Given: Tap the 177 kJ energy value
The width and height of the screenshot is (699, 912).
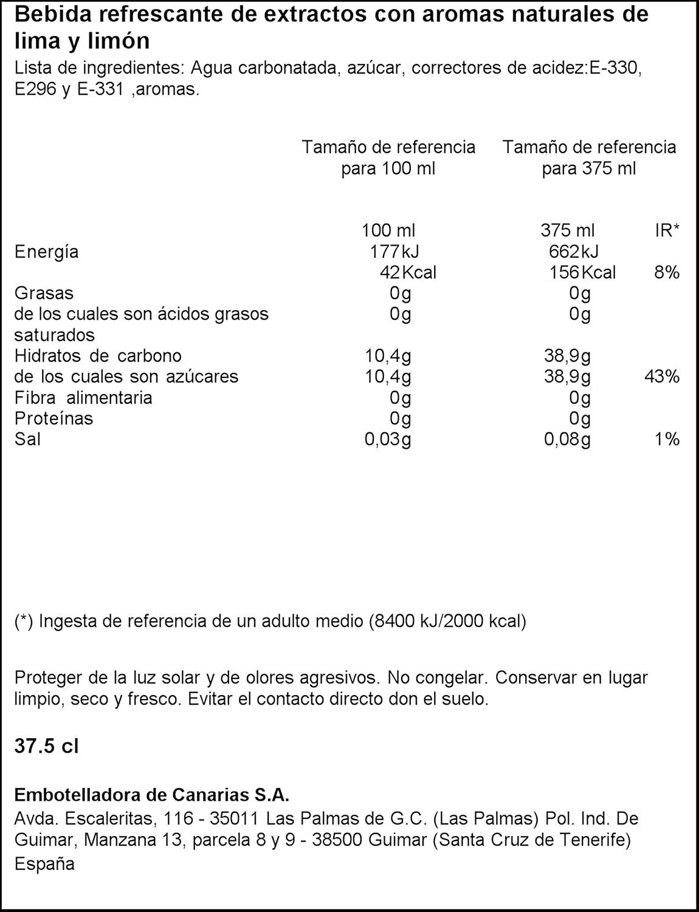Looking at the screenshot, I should [394, 252].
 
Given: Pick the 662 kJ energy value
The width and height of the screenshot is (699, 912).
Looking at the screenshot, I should [573, 252].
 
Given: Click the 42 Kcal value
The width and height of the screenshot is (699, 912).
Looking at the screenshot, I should [407, 272].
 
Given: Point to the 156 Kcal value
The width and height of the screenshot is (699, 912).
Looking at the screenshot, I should [582, 272].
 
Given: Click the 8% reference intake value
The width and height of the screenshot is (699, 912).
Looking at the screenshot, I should [666, 272].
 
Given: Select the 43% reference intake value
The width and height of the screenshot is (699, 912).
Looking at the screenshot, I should [661, 376].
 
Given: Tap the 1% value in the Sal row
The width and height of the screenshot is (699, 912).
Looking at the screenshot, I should [667, 439].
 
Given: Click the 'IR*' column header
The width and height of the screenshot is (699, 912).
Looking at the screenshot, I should [667, 230].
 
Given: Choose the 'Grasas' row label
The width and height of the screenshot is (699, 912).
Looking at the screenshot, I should [44, 293].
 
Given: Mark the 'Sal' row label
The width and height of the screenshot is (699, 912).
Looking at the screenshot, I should [27, 439].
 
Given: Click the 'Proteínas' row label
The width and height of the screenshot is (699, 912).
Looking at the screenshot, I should [53, 418].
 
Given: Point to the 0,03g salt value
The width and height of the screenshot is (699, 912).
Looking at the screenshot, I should [388, 440].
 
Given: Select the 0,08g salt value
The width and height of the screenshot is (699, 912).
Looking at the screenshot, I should [567, 440].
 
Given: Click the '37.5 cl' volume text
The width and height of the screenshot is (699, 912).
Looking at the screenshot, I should [46, 746].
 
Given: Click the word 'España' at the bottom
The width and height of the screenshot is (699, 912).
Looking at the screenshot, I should [44, 864].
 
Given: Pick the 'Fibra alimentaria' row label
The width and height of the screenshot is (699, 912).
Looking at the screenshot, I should [83, 398].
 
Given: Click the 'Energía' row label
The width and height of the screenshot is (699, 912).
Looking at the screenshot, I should [46, 252].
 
